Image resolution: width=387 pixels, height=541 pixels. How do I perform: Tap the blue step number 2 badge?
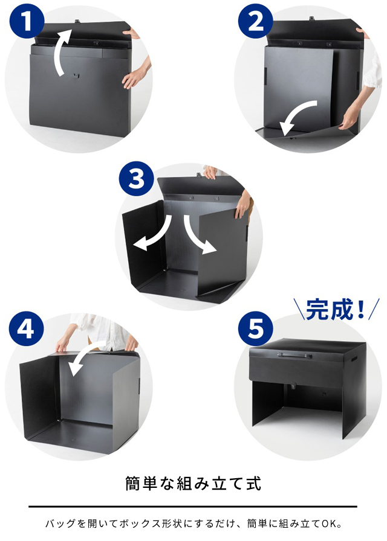pyautogui.click(x=256, y=22)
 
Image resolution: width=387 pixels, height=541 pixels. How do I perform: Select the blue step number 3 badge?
pyautogui.click(x=137, y=180)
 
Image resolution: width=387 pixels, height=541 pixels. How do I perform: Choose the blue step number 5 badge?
pyautogui.click(x=256, y=330)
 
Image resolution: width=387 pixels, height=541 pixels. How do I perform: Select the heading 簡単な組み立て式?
pyautogui.click(x=193, y=484)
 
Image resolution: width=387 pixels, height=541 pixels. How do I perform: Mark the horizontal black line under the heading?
pyautogui.click(x=193, y=507)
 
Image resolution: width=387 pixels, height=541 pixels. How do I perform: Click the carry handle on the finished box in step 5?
pyautogui.click(x=295, y=356)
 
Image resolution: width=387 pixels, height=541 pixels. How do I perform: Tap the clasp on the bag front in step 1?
pyautogui.click(x=74, y=75)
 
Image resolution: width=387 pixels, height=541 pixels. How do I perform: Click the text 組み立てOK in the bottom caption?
pyautogui.click(x=315, y=523)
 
